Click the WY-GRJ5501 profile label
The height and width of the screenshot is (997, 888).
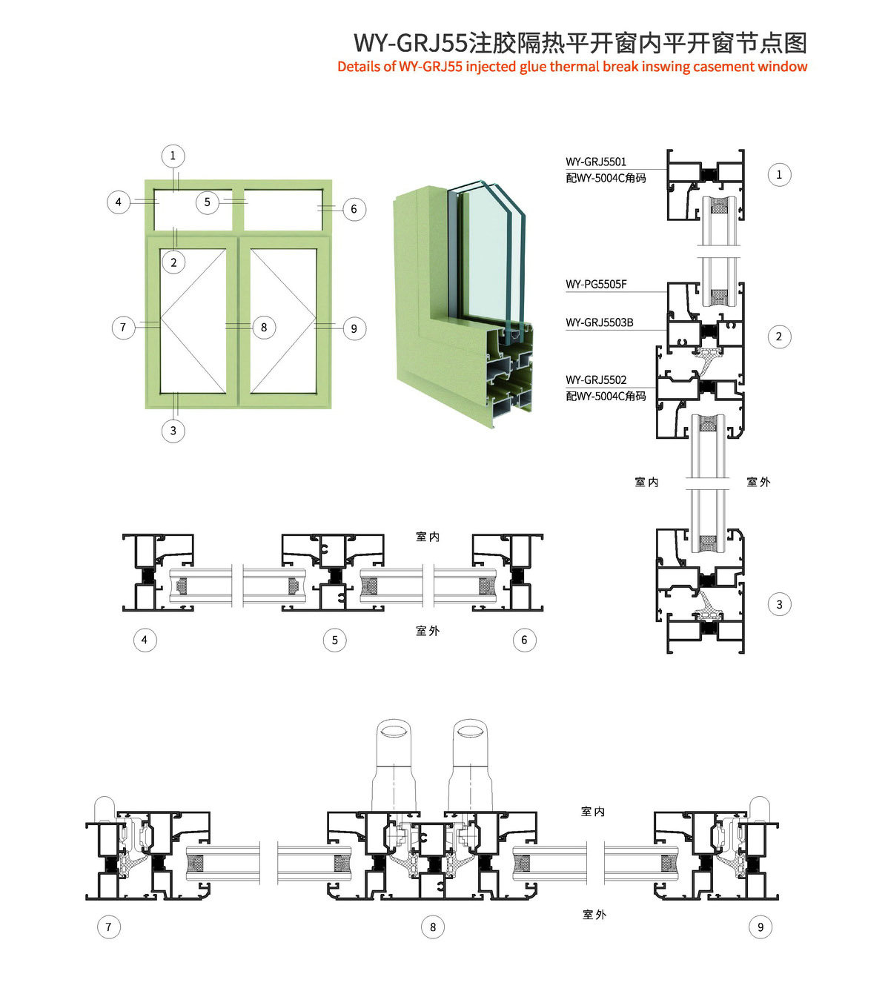(x=596, y=162)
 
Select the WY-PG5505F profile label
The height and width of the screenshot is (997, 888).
(x=596, y=284)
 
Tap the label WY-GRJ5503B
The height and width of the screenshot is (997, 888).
(x=599, y=322)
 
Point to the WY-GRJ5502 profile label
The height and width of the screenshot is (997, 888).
(x=596, y=380)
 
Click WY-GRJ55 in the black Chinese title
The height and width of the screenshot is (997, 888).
(x=410, y=43)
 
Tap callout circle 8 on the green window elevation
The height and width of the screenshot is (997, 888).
(x=264, y=327)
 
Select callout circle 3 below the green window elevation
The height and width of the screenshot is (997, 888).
(x=173, y=431)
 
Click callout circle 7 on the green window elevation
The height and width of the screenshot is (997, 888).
(x=123, y=327)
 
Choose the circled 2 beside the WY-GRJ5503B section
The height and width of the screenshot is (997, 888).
(x=779, y=337)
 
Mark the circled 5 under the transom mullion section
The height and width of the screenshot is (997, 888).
(x=335, y=640)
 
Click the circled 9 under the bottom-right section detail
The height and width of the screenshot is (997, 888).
(x=761, y=927)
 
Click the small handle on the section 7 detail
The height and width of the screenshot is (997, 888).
(x=105, y=809)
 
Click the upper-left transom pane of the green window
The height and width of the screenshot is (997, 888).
(x=193, y=210)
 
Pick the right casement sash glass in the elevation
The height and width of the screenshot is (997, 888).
(x=284, y=321)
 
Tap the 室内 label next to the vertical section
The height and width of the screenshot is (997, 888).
(x=646, y=482)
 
